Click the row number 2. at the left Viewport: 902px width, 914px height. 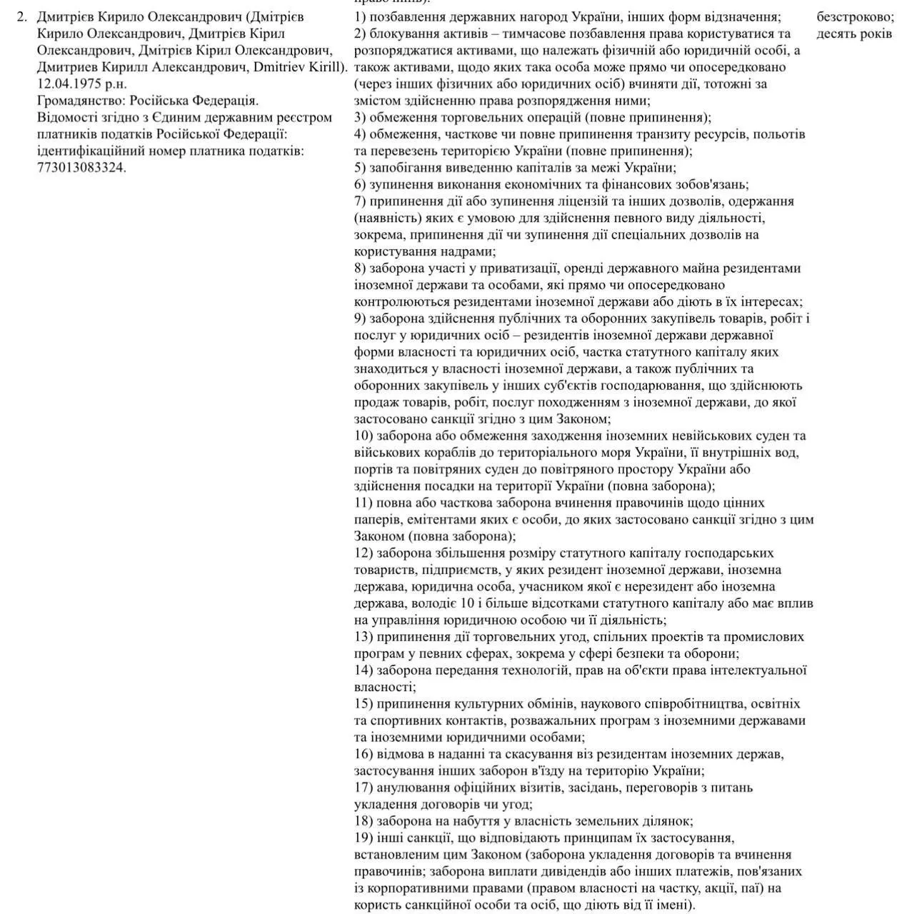(21, 16)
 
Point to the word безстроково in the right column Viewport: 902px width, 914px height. (855, 16)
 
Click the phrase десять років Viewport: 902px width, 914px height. (854, 34)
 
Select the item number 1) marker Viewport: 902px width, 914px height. (360, 16)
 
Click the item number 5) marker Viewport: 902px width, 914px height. (360, 168)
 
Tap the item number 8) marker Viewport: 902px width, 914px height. (360, 268)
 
